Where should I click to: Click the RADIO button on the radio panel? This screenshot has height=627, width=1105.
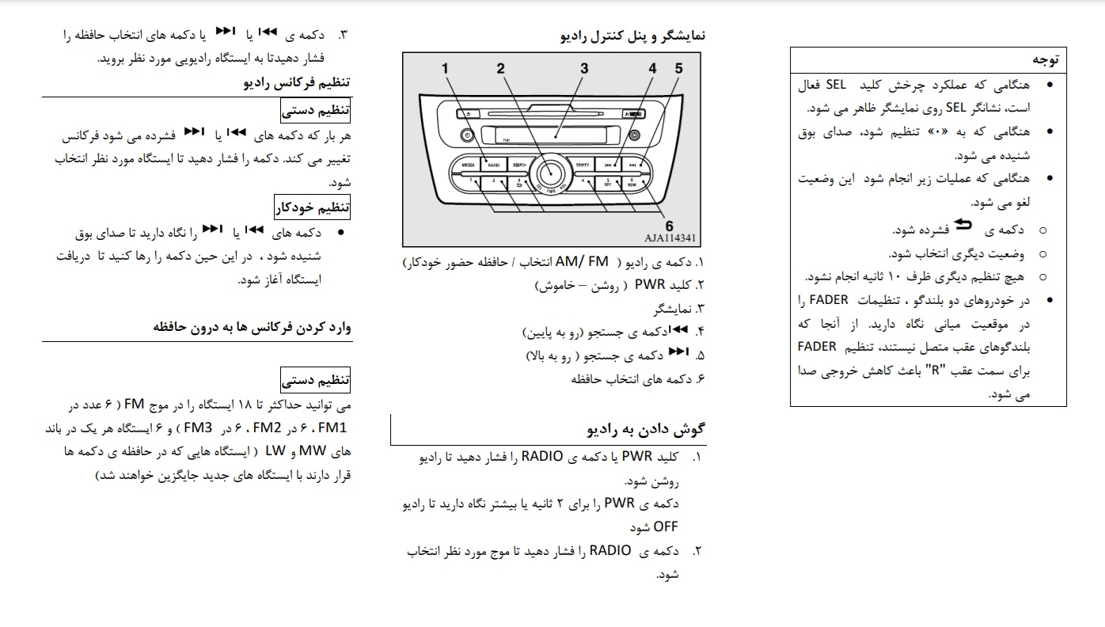[x=494, y=165]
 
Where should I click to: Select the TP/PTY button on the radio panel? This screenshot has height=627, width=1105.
[x=583, y=165]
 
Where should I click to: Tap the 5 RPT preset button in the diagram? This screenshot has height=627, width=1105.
[x=609, y=184]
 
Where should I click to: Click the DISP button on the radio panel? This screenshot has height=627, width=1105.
[x=519, y=165]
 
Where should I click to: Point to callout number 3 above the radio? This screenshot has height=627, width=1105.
[x=584, y=69]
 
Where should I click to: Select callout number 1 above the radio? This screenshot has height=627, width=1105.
[x=446, y=69]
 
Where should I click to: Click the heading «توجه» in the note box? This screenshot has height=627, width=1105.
[x=1044, y=60]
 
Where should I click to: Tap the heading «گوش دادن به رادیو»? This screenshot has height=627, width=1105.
[x=645, y=430]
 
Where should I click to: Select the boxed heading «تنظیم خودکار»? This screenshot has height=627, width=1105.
[x=313, y=208]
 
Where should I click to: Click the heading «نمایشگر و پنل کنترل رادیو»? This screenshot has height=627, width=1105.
[x=632, y=35]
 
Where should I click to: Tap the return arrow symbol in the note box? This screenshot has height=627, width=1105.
[x=963, y=226]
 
